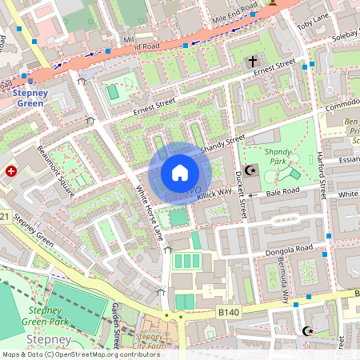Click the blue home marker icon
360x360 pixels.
pos(180,173)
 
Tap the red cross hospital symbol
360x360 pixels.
pos(12,170)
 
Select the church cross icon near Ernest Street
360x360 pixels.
pos(253,62)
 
